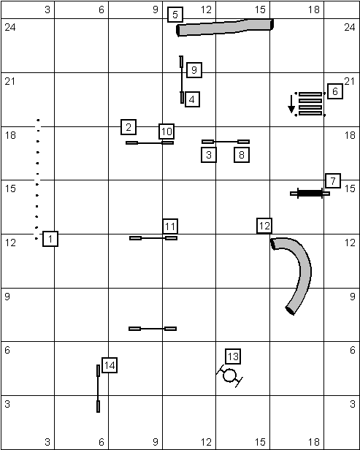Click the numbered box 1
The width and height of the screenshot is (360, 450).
point(50,239)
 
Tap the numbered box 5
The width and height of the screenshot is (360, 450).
point(175,15)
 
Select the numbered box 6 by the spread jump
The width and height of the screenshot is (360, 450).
point(335,91)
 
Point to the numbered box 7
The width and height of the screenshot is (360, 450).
point(333,181)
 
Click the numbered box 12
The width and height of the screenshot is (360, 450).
point(264,226)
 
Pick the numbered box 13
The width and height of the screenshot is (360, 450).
point(233,356)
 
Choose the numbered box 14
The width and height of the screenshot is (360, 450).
point(110,365)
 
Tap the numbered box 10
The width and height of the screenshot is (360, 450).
point(166,131)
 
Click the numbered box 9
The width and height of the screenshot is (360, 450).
point(194,70)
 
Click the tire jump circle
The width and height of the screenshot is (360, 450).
point(229,375)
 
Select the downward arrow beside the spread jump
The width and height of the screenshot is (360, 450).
point(291,104)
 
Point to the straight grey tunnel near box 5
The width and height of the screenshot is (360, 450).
point(225,28)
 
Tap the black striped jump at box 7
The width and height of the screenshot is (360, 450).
point(310,193)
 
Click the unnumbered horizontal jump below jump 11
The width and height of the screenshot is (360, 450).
point(153,329)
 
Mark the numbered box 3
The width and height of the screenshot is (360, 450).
point(209,155)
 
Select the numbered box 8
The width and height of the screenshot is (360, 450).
point(242,155)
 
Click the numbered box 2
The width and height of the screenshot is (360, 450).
point(129,127)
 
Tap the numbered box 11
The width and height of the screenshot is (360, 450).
point(170,226)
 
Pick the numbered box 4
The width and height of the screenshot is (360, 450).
point(192,99)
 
